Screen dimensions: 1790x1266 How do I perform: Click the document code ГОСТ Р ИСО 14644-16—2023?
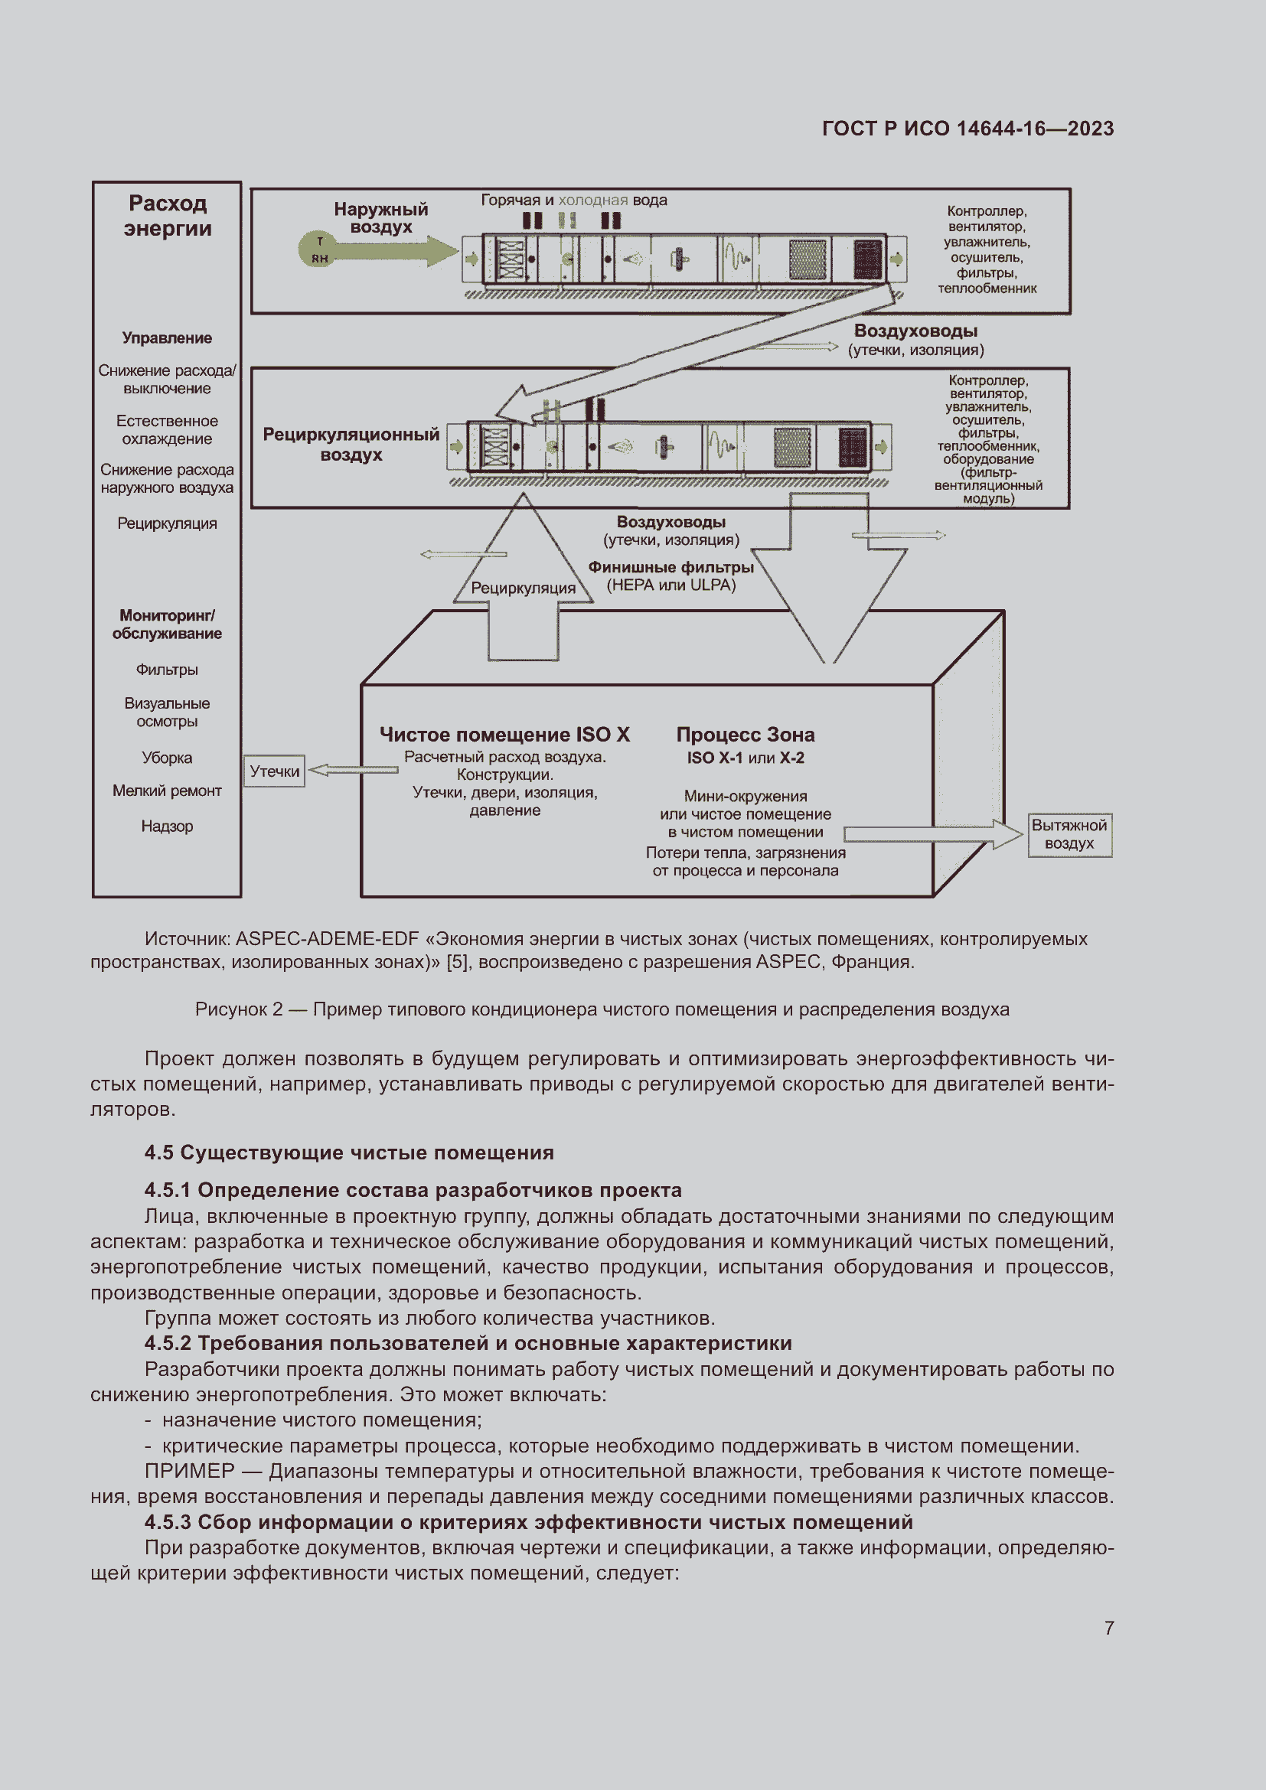(x=967, y=129)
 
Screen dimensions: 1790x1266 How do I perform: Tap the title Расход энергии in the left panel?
(x=168, y=216)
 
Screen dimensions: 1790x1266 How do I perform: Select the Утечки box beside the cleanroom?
(x=275, y=771)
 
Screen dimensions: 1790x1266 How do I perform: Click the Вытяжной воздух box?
(x=1069, y=834)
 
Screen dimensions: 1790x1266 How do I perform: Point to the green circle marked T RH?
(x=319, y=250)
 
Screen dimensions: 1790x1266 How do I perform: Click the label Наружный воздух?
(x=381, y=218)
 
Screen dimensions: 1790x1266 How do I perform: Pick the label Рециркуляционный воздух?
(x=351, y=445)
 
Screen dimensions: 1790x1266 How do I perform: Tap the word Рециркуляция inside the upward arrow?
(x=523, y=588)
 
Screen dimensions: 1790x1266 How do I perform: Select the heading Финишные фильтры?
(x=671, y=567)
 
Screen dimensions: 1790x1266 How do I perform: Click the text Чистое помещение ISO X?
(x=504, y=735)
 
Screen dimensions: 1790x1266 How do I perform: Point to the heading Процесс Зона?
(x=746, y=735)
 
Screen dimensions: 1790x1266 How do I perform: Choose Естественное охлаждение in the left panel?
(x=167, y=429)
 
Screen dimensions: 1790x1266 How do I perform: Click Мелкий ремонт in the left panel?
(x=167, y=791)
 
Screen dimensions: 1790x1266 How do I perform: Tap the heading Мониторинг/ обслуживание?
(x=167, y=624)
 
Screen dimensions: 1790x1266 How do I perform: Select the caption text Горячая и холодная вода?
(x=574, y=201)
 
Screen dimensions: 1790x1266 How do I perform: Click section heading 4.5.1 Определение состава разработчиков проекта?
(x=413, y=1190)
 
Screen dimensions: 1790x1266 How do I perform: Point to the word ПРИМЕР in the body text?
(x=189, y=1470)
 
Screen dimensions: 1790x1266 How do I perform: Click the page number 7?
(x=1108, y=1628)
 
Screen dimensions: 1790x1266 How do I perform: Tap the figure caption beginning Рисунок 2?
(x=602, y=1009)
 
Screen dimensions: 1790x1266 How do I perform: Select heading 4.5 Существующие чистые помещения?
(x=348, y=1153)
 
